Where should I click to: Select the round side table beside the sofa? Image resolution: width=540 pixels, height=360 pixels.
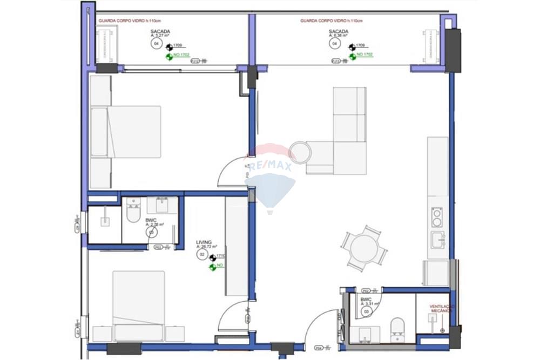tap(300, 152)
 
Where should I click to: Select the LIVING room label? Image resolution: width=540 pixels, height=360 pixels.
tap(204, 243)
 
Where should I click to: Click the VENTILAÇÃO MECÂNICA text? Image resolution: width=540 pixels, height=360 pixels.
tap(442, 309)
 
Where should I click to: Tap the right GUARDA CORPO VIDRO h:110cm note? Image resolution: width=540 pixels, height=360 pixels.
tap(331, 21)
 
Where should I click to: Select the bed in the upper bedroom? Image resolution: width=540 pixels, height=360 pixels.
tap(127, 132)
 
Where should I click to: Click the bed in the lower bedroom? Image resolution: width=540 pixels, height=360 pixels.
tap(139, 305)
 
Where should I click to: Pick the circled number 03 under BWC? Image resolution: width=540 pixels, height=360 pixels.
tap(367, 311)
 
